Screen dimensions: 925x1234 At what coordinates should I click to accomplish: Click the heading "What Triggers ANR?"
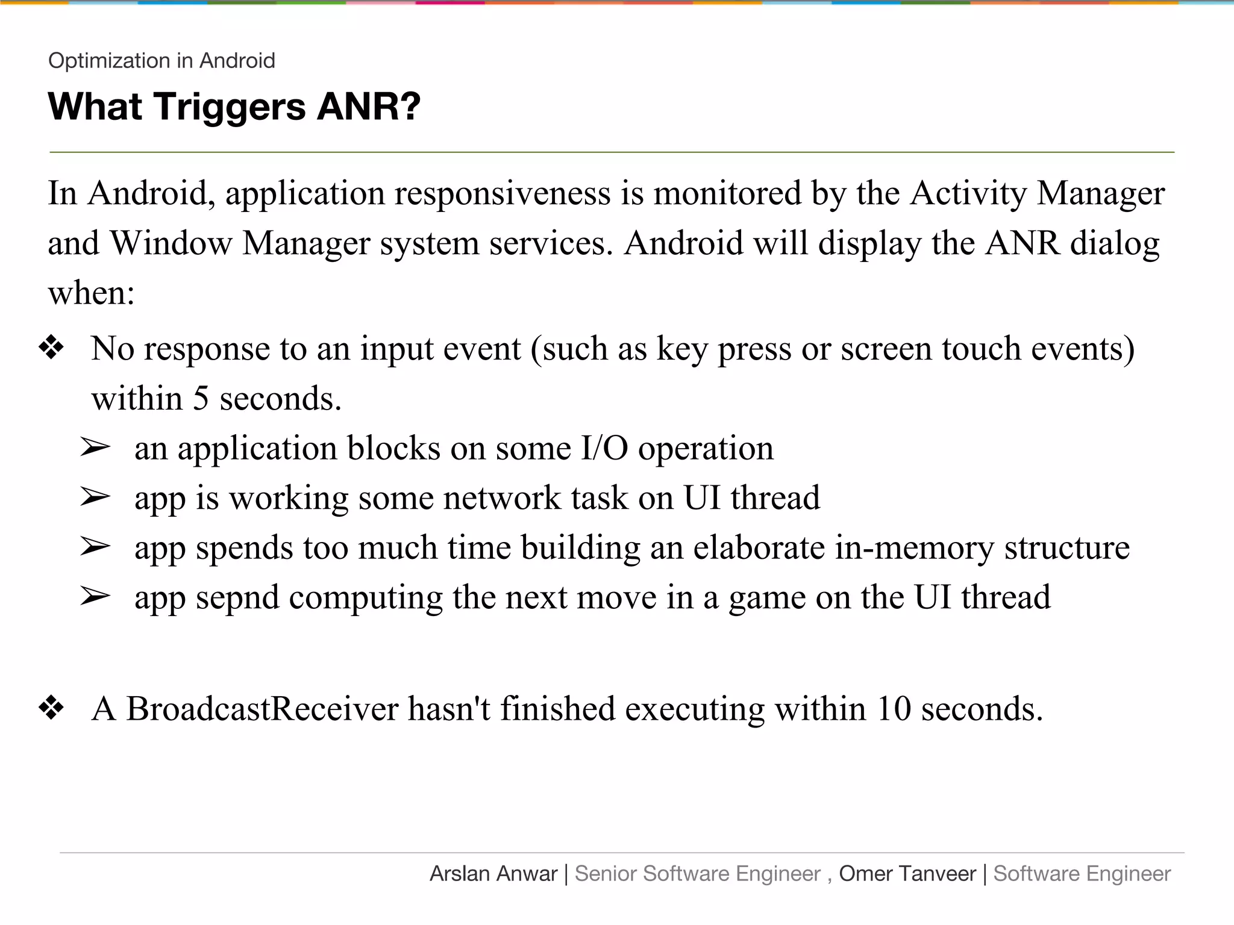pyautogui.click(x=234, y=107)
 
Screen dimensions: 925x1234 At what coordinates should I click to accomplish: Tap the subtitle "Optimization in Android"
pyautogui.click(x=161, y=61)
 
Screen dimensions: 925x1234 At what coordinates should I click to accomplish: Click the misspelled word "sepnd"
pyautogui.click(x=237, y=597)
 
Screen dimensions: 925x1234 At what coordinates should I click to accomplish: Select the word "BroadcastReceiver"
pyautogui.click(x=262, y=708)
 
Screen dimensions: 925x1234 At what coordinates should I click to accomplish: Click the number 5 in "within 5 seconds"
pyautogui.click(x=201, y=399)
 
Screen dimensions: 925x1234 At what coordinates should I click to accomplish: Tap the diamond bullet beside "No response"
pyautogui.click(x=51, y=348)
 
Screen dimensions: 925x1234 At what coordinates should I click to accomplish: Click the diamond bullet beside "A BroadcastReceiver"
pyautogui.click(x=51, y=708)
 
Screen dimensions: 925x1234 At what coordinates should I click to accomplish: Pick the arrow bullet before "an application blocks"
pyautogui.click(x=95, y=448)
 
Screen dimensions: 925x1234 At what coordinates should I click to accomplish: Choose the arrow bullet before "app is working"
pyautogui.click(x=95, y=497)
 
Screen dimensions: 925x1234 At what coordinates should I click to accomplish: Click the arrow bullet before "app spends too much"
pyautogui.click(x=95, y=547)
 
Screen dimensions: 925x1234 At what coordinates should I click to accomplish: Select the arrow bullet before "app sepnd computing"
pyautogui.click(x=95, y=597)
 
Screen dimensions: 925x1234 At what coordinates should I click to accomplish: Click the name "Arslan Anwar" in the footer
pyautogui.click(x=493, y=874)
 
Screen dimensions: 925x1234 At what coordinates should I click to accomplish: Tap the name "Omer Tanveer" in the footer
pyautogui.click(x=907, y=874)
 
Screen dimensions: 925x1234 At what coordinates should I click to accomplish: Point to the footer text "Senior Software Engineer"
pyautogui.click(x=698, y=874)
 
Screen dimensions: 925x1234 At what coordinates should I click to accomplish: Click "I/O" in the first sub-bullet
pyautogui.click(x=604, y=449)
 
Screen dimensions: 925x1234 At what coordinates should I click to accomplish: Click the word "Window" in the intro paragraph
pyautogui.click(x=171, y=243)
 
